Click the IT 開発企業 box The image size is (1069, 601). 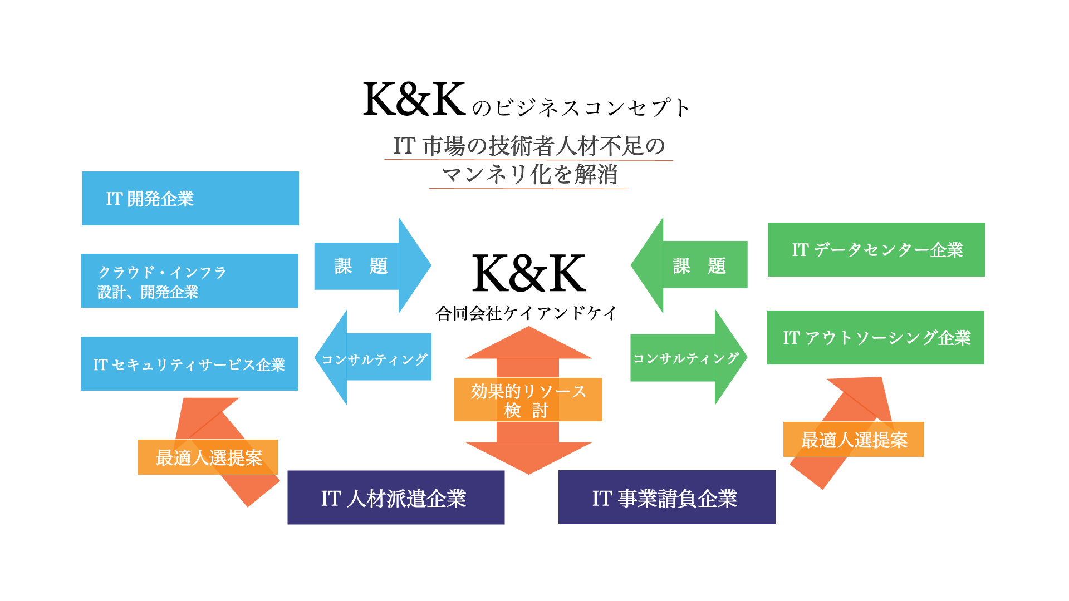[190, 199]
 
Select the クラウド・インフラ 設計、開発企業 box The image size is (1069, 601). [190, 281]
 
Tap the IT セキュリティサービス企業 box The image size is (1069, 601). [189, 364]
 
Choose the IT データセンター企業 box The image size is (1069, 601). [876, 250]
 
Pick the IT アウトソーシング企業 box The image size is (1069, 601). [875, 338]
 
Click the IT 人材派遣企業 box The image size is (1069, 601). [396, 498]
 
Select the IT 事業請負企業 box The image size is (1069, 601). [666, 498]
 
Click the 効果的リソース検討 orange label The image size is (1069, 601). [528, 400]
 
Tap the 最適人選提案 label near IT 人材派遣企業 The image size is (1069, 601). [208, 457]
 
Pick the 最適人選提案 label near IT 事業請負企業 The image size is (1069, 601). [853, 440]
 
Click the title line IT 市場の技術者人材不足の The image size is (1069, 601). [528, 146]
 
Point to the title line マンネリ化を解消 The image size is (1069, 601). [529, 175]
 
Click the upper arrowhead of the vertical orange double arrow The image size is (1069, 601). [528, 345]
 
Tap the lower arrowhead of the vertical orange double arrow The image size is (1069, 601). [528, 456]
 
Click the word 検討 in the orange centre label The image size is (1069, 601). [526, 411]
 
